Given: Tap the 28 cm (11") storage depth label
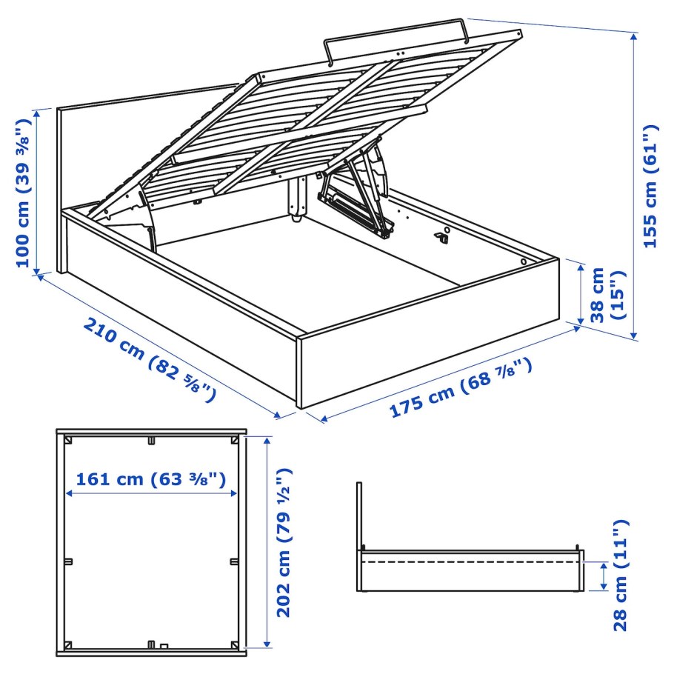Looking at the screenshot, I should (x=620, y=575).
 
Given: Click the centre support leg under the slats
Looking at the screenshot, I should (x=298, y=198).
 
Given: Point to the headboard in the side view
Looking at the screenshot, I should (x=358, y=533).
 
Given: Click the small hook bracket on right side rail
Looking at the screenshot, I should (x=443, y=236).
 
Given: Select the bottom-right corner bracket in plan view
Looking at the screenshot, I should (x=235, y=642).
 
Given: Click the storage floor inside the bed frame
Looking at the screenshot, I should (x=311, y=267).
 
